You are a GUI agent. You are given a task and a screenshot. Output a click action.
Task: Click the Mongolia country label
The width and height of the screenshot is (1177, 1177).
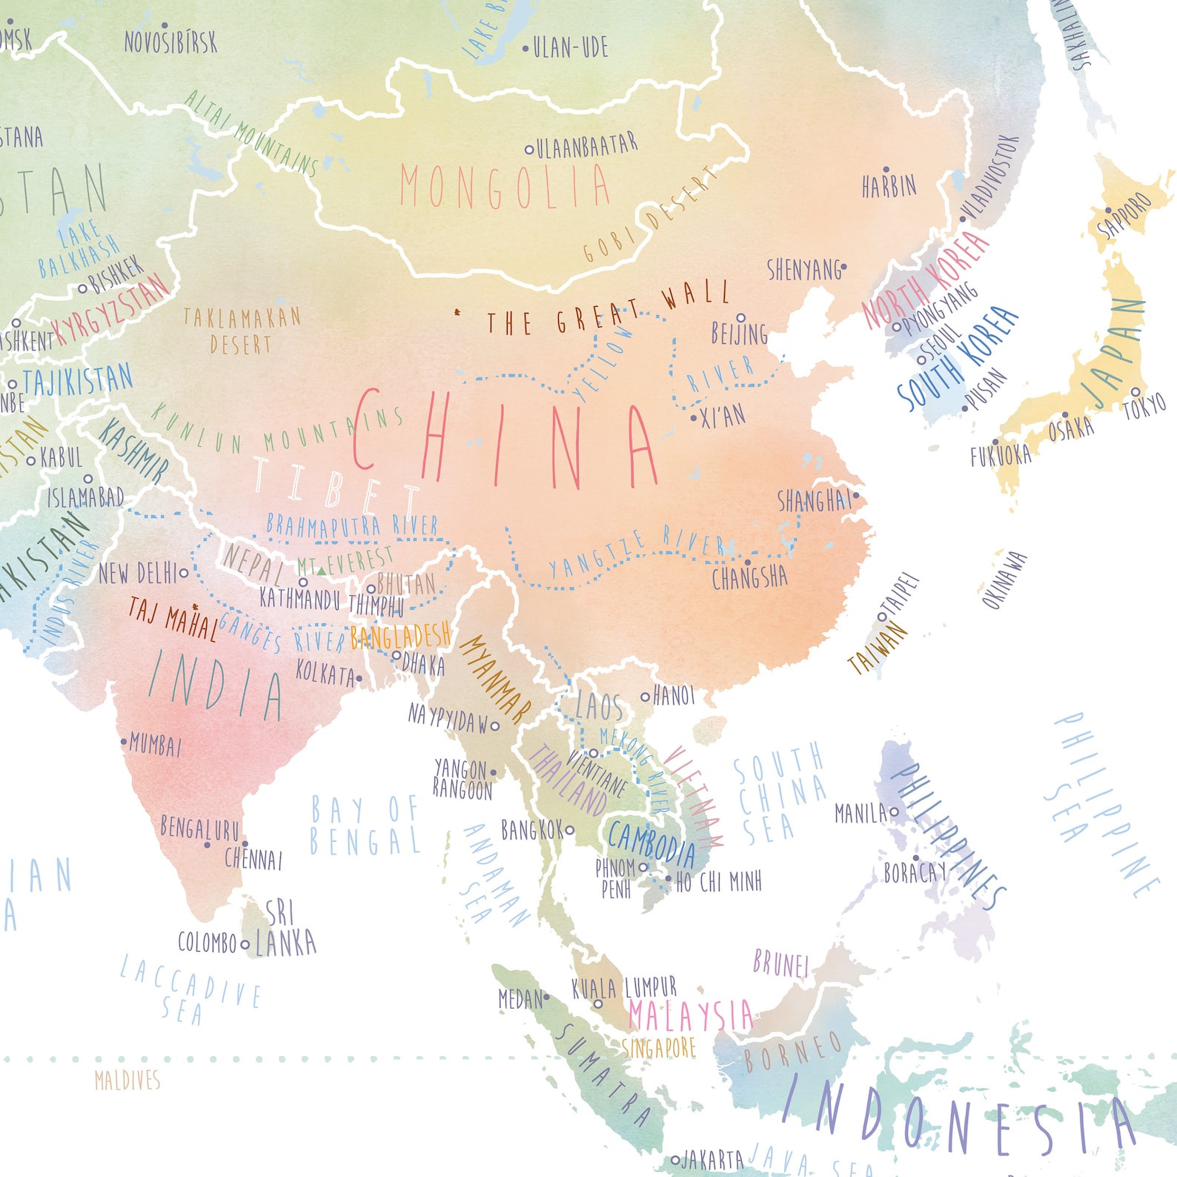click(x=505, y=187)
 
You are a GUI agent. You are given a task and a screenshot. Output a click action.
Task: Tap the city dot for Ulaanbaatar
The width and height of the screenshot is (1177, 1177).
click(x=529, y=150)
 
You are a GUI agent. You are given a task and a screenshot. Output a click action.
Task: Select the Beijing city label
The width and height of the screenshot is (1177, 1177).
click(x=739, y=334)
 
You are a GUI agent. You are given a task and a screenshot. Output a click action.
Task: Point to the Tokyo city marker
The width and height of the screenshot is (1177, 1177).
click(x=1135, y=391)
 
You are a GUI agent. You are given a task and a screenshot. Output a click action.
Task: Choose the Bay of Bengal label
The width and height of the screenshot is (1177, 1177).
click(x=365, y=826)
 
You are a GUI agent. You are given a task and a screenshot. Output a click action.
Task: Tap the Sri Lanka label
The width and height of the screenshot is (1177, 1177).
click(x=285, y=929)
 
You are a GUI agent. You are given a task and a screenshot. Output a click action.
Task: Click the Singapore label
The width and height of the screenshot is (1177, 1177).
click(x=659, y=1048)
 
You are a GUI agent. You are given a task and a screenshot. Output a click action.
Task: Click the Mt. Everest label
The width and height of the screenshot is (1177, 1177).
click(x=345, y=561)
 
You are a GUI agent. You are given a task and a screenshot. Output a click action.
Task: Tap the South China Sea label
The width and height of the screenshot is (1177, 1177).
click(x=778, y=793)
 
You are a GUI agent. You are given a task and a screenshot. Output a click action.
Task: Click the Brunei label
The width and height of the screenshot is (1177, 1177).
click(x=780, y=964)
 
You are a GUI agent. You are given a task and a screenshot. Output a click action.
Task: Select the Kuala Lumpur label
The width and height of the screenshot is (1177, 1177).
click(x=624, y=988)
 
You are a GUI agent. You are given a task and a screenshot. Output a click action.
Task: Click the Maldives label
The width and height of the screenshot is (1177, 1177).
click(x=127, y=1081)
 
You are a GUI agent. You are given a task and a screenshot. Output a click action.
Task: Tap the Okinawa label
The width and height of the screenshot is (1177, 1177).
click(x=1005, y=580)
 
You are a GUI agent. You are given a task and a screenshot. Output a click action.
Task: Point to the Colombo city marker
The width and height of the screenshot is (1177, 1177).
click(x=245, y=945)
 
